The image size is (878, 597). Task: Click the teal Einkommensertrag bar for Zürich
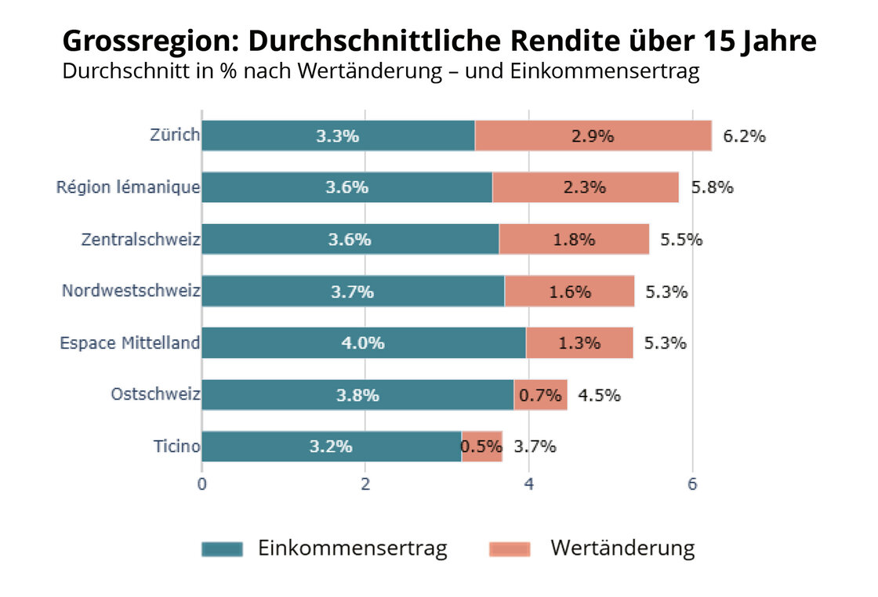pyautogui.click(x=338, y=136)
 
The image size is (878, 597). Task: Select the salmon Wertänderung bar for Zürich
pyautogui.click(x=593, y=136)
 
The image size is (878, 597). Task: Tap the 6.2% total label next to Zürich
pyautogui.click(x=743, y=136)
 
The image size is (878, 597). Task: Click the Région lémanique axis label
pyautogui.click(x=128, y=187)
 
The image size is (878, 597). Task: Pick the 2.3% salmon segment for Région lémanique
pyautogui.click(x=585, y=187)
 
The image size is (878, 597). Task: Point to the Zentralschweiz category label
pyautogui.click(x=140, y=239)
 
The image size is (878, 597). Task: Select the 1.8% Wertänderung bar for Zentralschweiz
pyautogui.click(x=574, y=239)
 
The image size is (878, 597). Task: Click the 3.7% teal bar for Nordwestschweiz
pyautogui.click(x=353, y=291)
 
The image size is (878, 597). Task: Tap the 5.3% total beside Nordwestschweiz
pyautogui.click(x=666, y=291)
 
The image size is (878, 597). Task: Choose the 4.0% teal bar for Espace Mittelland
pyautogui.click(x=364, y=343)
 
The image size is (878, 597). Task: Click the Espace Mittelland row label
pyautogui.click(x=129, y=343)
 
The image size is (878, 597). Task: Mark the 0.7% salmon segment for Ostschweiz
pyautogui.click(x=540, y=395)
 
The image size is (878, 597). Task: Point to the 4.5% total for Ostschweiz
pyautogui.click(x=599, y=395)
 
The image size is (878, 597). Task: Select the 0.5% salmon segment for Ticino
pyautogui.click(x=481, y=447)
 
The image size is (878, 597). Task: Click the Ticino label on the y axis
pyautogui.click(x=176, y=447)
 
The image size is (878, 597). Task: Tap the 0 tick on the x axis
pyautogui.click(x=202, y=484)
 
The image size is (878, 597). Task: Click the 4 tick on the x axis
pyautogui.click(x=529, y=484)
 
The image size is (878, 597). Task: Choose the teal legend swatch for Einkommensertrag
pyautogui.click(x=222, y=548)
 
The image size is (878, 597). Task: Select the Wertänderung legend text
pyautogui.click(x=622, y=548)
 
